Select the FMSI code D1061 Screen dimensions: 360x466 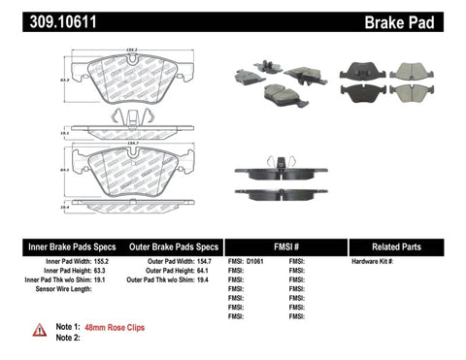(x=256, y=263)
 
